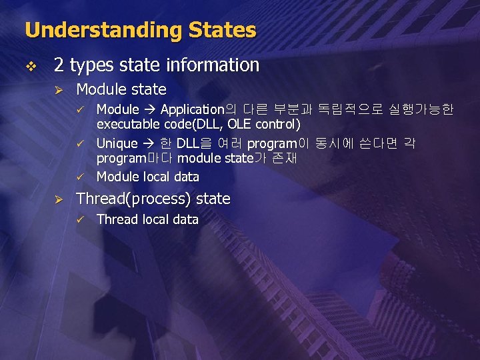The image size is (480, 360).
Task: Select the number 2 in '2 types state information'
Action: (x=59, y=65)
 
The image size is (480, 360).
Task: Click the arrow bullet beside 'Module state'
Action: (x=57, y=89)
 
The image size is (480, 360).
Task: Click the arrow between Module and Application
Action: (x=149, y=109)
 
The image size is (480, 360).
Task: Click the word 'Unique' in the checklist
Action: (x=117, y=143)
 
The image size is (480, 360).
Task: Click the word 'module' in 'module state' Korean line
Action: (x=197, y=159)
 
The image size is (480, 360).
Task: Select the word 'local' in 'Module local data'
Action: (x=157, y=177)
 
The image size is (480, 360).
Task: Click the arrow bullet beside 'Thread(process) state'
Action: (x=57, y=199)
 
